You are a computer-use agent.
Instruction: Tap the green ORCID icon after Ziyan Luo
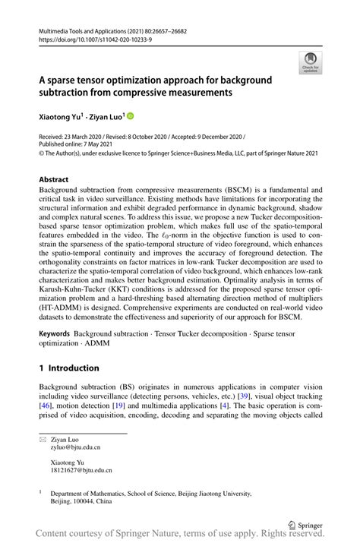[130, 116]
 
